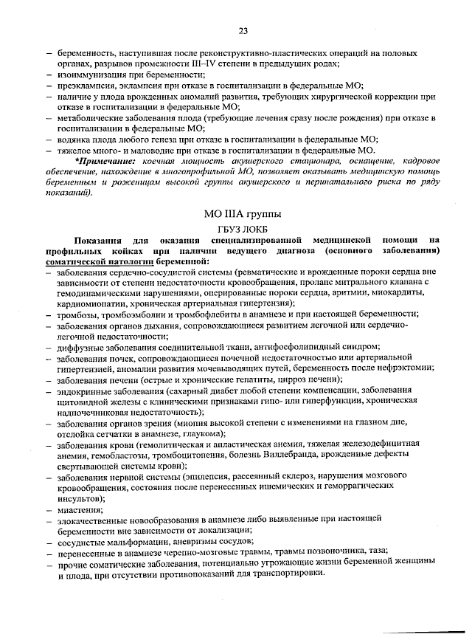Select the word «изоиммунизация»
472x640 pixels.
point(88,75)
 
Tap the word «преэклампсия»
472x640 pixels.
point(86,86)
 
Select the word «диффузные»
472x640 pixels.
point(80,346)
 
